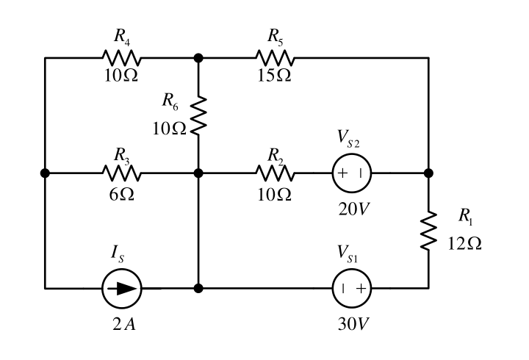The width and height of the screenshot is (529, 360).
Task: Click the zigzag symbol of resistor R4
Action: [x=121, y=58]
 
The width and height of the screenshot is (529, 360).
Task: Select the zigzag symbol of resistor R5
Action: [x=276, y=58]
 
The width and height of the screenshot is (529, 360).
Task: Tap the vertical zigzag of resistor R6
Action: [x=198, y=115]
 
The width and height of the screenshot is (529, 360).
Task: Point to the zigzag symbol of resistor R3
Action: [x=121, y=173]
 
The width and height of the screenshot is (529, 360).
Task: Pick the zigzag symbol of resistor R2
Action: [x=276, y=173]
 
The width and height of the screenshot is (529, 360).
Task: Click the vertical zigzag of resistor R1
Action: [x=429, y=231]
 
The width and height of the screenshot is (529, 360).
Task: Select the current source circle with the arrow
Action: [x=122, y=289]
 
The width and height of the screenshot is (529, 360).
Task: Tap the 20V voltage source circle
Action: [x=352, y=173]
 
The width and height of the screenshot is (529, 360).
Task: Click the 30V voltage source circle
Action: [x=352, y=289]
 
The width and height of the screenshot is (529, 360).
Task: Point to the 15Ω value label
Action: [x=274, y=75]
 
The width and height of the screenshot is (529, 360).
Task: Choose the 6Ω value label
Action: [x=121, y=194]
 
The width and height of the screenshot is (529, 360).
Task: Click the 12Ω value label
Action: [x=464, y=243]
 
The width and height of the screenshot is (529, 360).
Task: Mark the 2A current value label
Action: [x=124, y=324]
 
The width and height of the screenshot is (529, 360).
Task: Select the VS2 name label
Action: [x=348, y=138]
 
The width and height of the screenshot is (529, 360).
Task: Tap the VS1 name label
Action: [x=348, y=253]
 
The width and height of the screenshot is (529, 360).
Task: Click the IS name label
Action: [x=118, y=253]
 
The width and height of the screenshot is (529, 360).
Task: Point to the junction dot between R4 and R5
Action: [x=198, y=58]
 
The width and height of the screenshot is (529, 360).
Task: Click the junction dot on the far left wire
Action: [x=45, y=173]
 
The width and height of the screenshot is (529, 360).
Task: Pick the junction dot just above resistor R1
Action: [x=429, y=173]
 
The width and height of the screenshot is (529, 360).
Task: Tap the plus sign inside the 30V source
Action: [x=361, y=289]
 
